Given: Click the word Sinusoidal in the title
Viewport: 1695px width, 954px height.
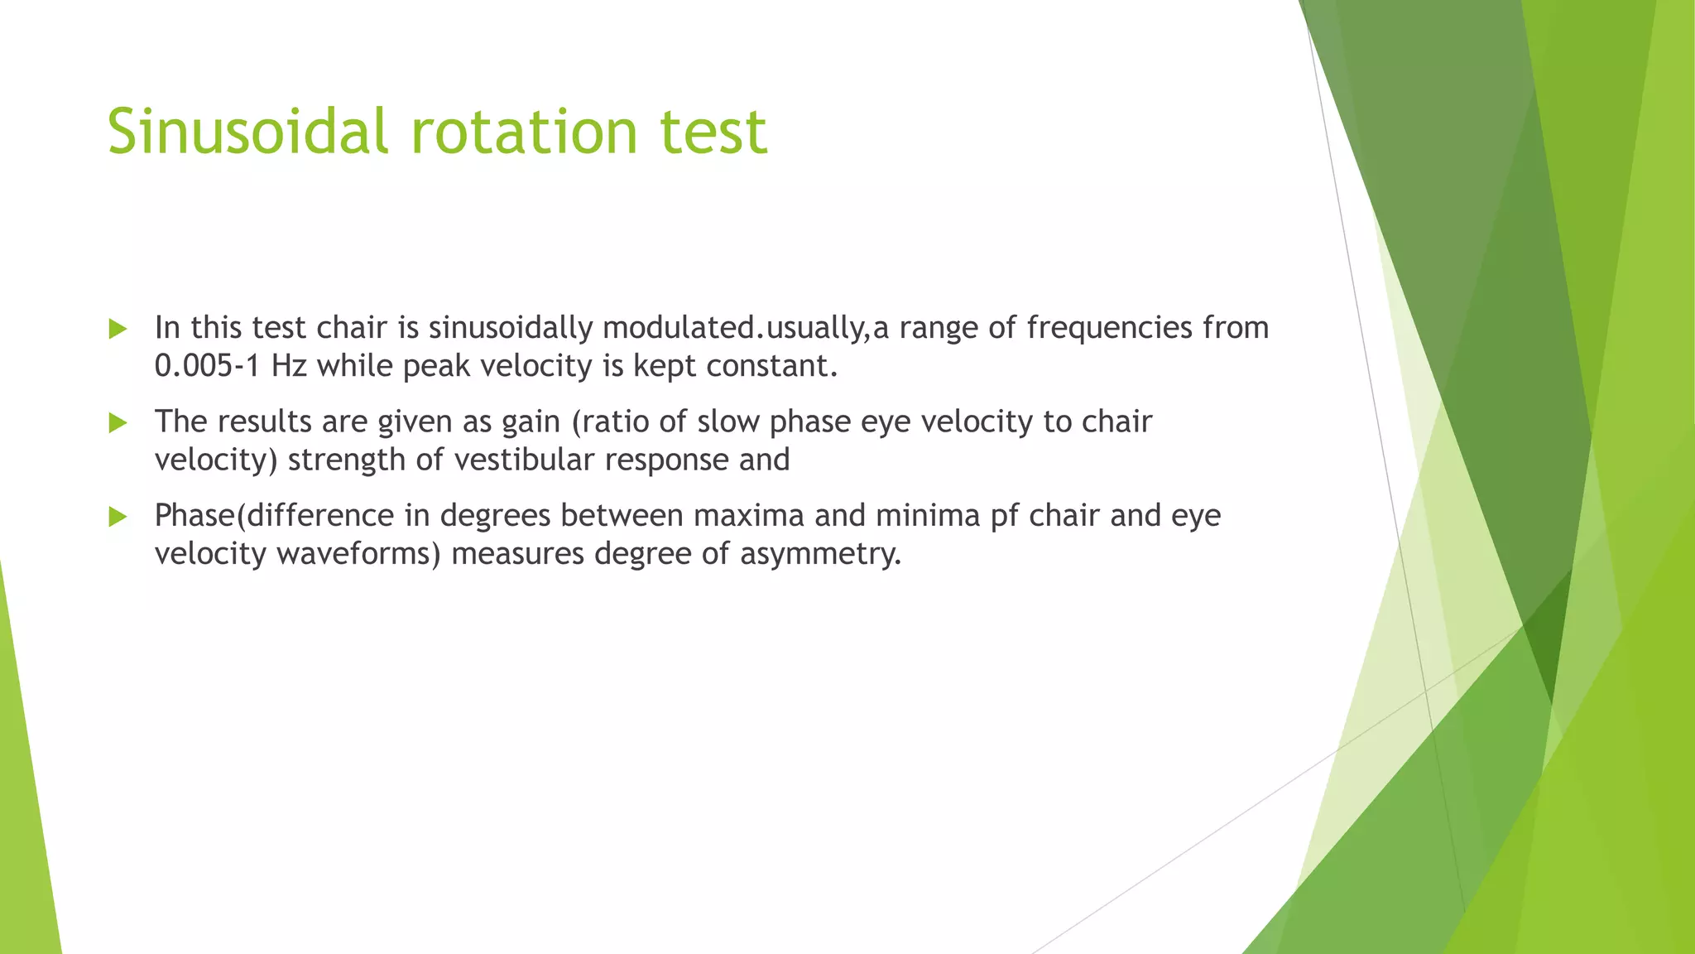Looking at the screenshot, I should (x=247, y=131).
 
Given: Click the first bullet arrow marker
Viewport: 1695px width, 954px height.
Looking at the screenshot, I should (x=118, y=329).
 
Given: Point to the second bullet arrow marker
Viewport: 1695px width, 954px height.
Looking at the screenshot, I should (x=118, y=423).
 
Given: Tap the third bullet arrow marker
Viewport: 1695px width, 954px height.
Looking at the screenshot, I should (x=118, y=518).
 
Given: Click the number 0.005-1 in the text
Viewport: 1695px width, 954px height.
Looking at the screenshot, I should (x=207, y=366).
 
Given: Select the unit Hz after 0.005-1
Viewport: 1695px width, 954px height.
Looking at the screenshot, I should (x=289, y=366).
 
